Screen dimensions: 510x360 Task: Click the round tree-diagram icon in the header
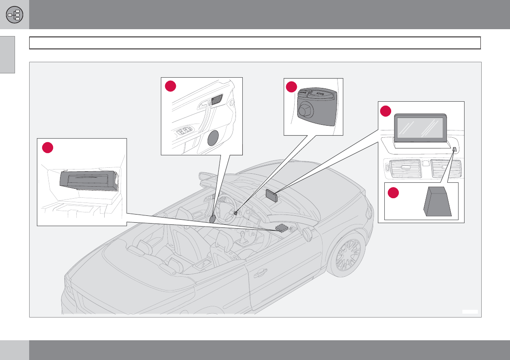[15, 15]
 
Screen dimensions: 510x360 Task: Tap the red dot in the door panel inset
[171, 86]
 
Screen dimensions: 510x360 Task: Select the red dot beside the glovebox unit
[47, 147]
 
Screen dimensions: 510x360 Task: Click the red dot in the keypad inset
[292, 87]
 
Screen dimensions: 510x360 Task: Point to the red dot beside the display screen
[385, 111]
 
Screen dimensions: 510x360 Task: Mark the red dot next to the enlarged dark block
[394, 193]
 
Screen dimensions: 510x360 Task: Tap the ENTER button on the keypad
[303, 93]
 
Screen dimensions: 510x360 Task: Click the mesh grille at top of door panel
[217, 99]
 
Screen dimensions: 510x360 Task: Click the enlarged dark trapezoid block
[438, 202]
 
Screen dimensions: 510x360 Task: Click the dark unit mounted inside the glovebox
[89, 180]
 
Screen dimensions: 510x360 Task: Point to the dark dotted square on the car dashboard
[281, 228]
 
